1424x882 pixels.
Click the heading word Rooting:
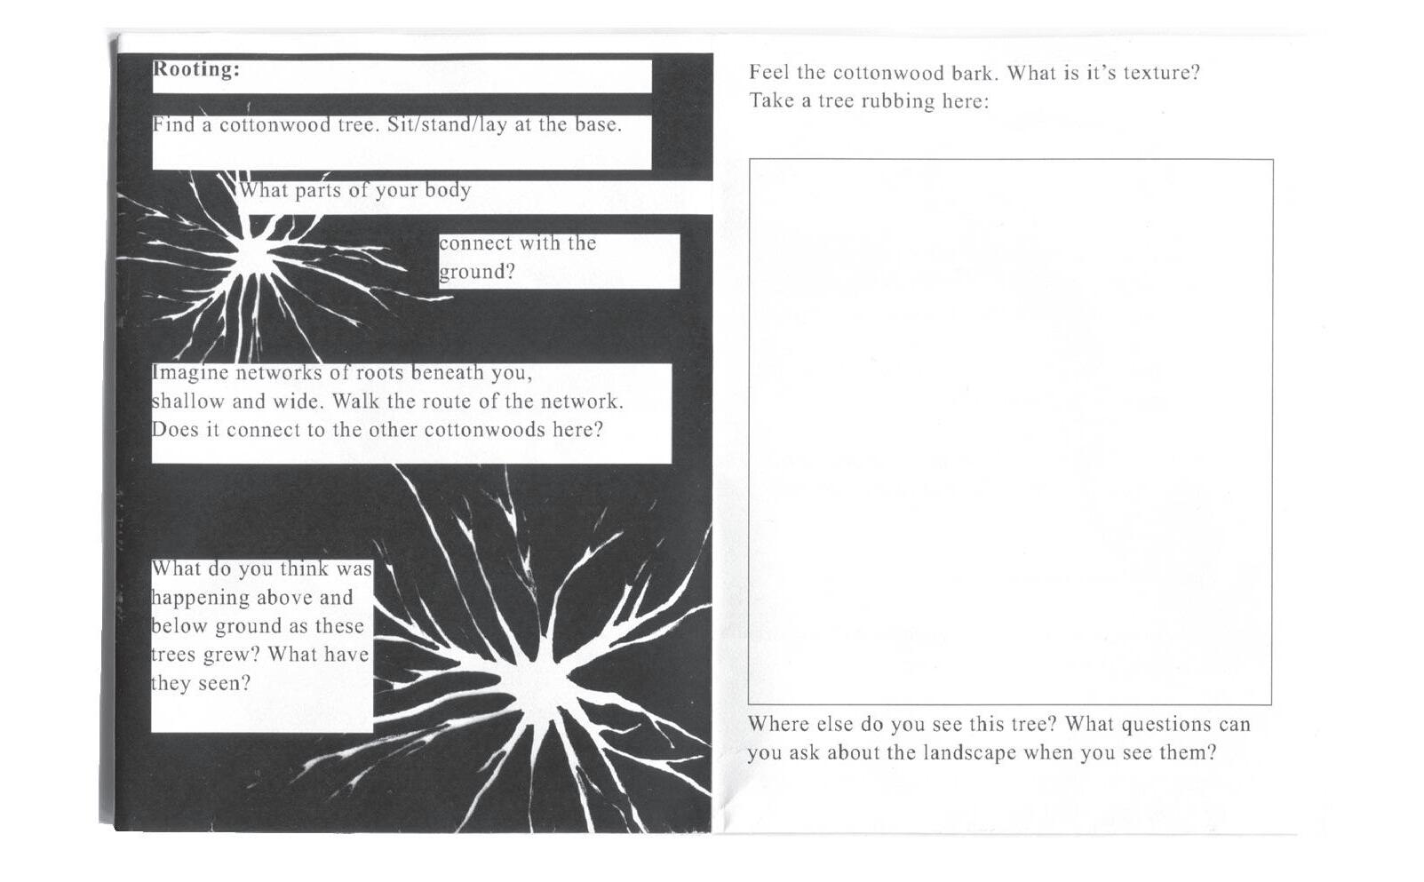coord(195,69)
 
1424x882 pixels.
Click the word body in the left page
coord(448,191)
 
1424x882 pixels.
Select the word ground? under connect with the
coord(477,272)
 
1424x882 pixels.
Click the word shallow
coord(187,401)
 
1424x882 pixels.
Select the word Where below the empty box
coord(778,724)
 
